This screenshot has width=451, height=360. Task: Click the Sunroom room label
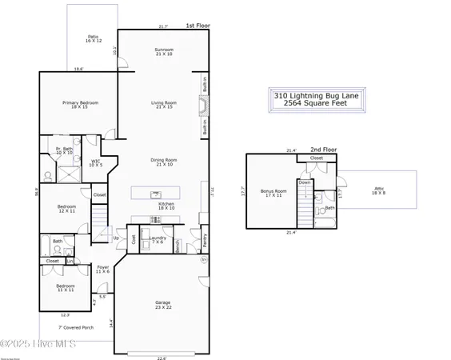pyautogui.click(x=163, y=52)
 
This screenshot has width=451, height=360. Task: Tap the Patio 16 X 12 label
pyautogui.click(x=92, y=38)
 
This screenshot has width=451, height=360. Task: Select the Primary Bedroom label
pyautogui.click(x=79, y=105)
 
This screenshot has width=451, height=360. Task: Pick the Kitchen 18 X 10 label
pyautogui.click(x=166, y=206)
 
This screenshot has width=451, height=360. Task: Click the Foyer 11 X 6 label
pyautogui.click(x=103, y=270)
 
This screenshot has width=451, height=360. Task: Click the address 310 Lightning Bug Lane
pyautogui.click(x=317, y=94)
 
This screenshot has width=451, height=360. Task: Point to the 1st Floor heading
pyautogui.click(x=197, y=26)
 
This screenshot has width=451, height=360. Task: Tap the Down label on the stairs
pyautogui.click(x=305, y=182)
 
